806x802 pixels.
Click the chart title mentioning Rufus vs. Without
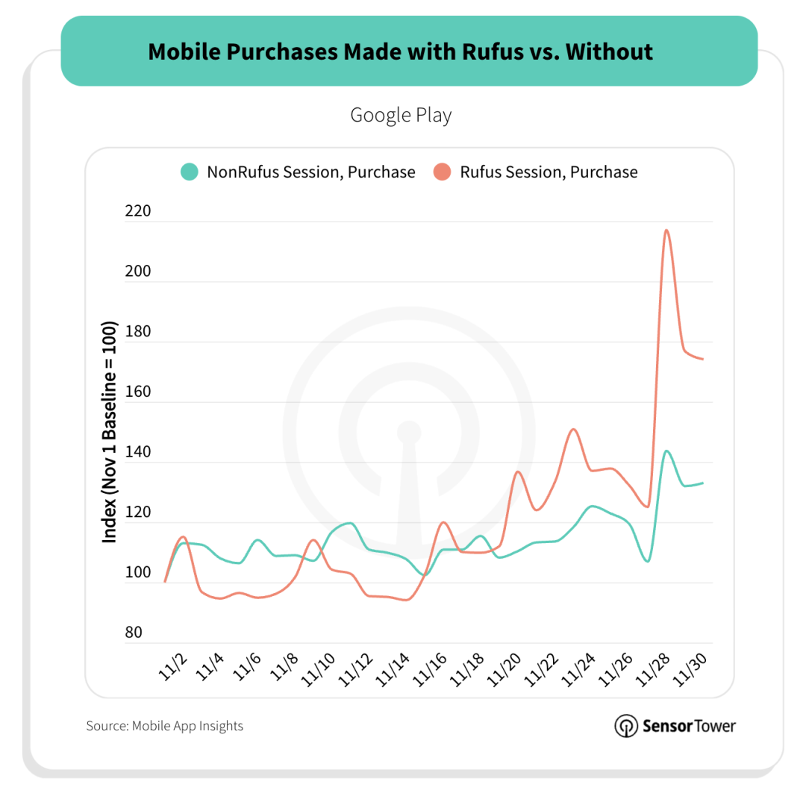click(x=400, y=51)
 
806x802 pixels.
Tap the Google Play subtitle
click(x=401, y=116)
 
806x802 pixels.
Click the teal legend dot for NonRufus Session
click(x=190, y=172)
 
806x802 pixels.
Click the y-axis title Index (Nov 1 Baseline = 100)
click(x=109, y=432)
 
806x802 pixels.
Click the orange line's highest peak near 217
click(x=666, y=230)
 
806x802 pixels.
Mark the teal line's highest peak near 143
click(x=666, y=451)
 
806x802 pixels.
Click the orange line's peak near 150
click(x=573, y=429)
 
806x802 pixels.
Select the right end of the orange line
click(x=703, y=359)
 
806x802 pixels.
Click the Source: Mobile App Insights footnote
click(x=164, y=725)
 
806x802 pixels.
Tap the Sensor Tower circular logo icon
click(x=625, y=726)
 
